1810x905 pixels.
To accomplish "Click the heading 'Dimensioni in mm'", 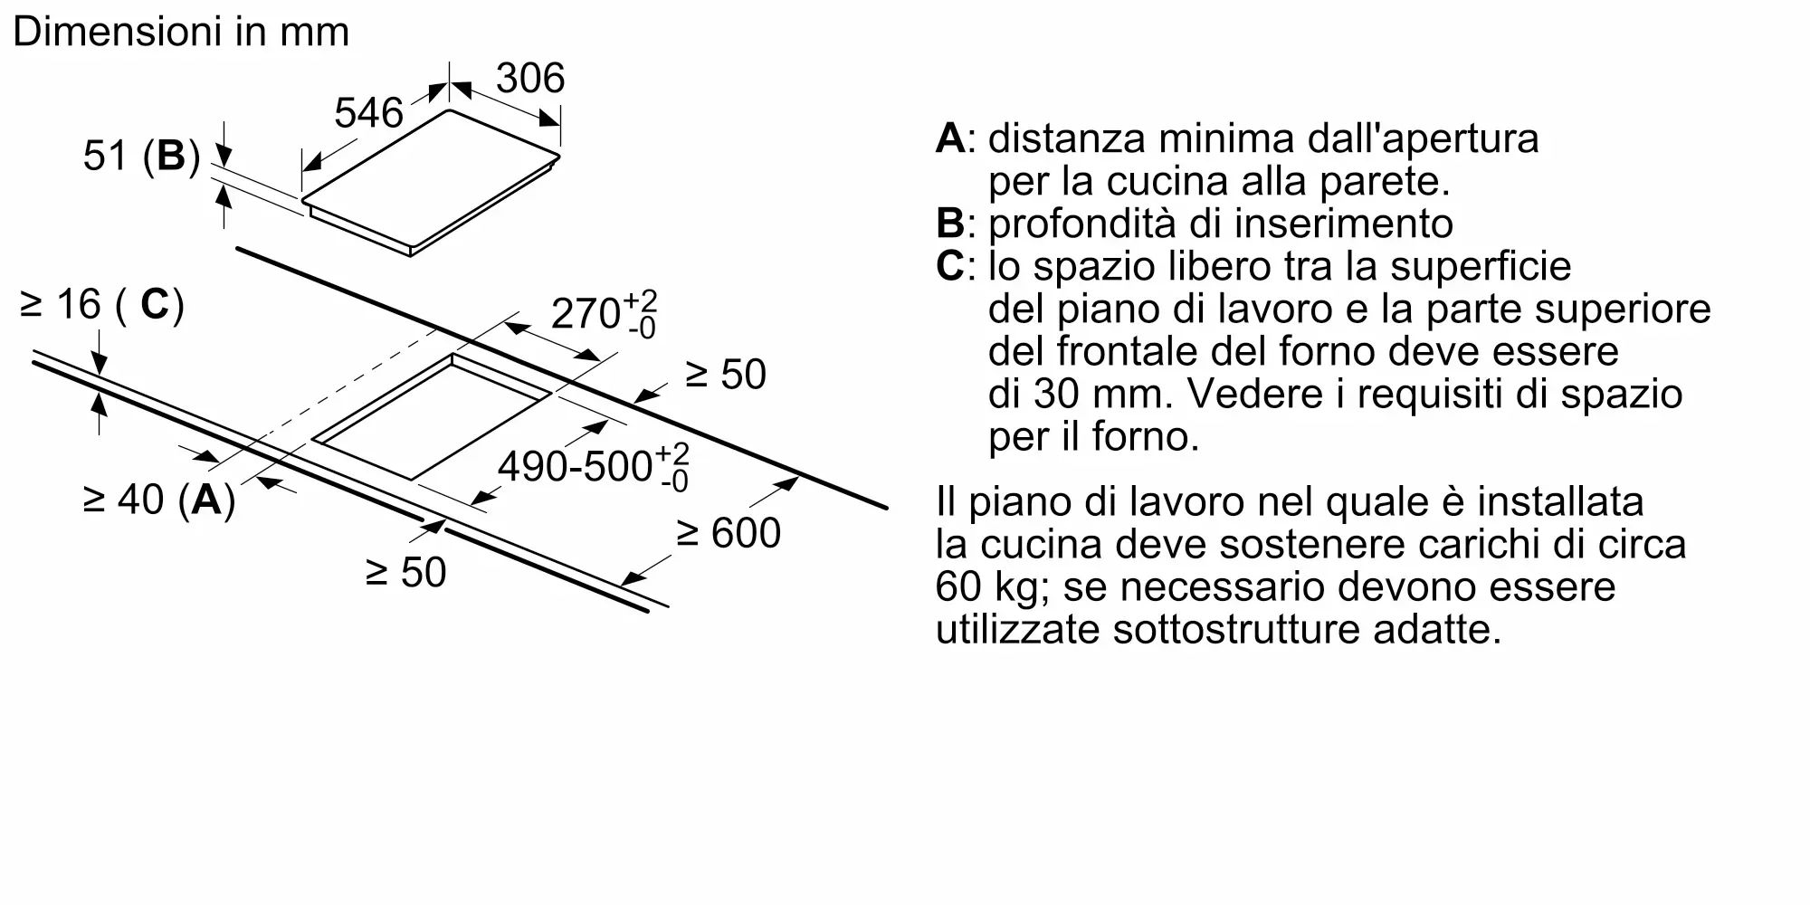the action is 181,33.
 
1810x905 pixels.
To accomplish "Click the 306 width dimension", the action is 530,78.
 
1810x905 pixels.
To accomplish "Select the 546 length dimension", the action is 368,113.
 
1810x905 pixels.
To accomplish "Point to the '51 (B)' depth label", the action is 141,156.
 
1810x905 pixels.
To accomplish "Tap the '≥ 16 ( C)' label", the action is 101,305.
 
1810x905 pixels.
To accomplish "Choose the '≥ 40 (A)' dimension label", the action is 159,499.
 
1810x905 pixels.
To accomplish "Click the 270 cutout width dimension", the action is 603,313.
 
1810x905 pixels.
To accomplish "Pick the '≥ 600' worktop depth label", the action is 728,532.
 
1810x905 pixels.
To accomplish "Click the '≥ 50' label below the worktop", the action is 405,572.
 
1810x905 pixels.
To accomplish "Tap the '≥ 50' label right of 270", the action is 725,374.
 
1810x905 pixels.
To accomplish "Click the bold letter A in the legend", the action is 950,138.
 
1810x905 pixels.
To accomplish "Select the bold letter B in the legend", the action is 950,224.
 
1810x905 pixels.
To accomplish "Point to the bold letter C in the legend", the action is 950,266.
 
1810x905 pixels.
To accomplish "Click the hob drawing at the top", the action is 430,181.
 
